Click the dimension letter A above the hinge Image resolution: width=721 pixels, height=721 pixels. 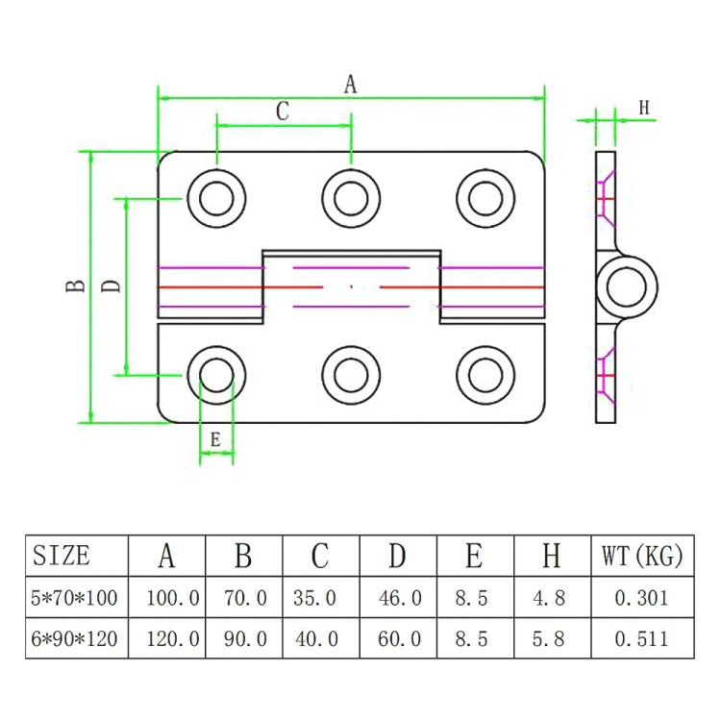click(351, 85)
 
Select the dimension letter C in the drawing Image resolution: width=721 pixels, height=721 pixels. click(283, 112)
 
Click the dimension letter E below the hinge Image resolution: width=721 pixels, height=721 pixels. click(215, 439)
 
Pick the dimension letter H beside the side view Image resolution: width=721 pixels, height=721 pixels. click(644, 108)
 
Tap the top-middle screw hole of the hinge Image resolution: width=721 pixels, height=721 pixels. click(348, 199)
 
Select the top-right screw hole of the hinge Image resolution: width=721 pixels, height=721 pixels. click(483, 199)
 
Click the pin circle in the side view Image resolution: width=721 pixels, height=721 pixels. click(627, 286)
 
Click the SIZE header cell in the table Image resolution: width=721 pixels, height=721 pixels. click(62, 556)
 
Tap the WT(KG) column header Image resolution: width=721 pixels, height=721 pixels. click(641, 556)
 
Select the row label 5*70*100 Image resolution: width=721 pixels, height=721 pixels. click(75, 598)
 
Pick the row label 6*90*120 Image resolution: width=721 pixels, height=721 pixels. click(75, 638)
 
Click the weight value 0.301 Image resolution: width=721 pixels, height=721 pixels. click(641, 598)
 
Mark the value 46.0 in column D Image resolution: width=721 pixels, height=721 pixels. click(398, 598)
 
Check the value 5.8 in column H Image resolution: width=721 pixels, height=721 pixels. click(551, 638)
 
